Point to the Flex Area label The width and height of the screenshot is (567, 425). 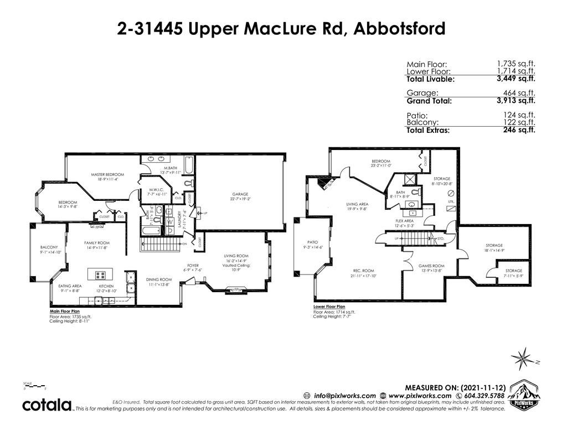click(404, 220)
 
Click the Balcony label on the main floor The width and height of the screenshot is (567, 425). click(49, 247)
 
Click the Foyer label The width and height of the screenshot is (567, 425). click(193, 266)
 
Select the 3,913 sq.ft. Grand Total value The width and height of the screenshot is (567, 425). click(516, 100)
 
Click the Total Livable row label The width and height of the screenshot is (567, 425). click(430, 79)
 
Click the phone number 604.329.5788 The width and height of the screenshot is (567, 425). click(482, 396)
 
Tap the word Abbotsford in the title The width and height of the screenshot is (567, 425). click(398, 28)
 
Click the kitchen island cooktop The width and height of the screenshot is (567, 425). click(101, 274)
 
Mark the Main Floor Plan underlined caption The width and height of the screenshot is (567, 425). click(63, 312)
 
